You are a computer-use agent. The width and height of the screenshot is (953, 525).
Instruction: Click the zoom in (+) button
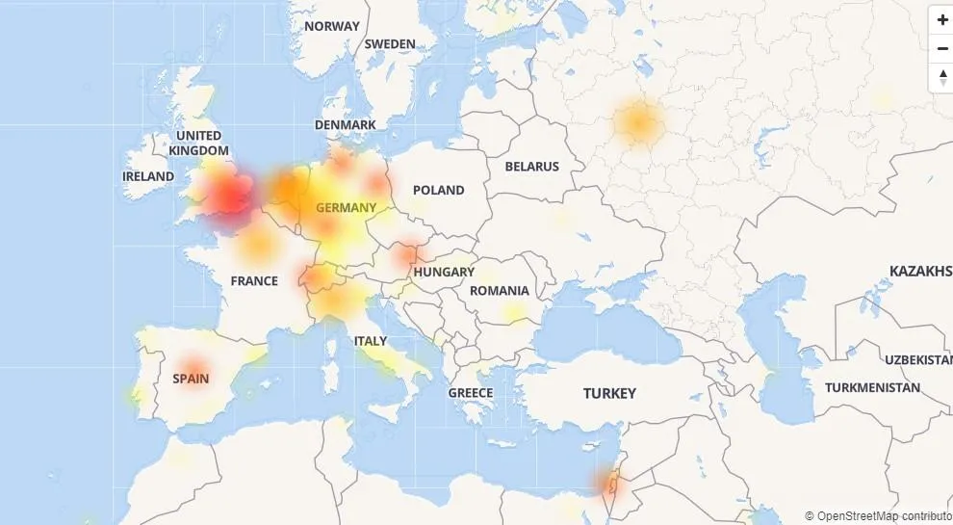[x=941, y=20]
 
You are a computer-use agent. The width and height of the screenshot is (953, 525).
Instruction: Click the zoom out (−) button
[x=941, y=48]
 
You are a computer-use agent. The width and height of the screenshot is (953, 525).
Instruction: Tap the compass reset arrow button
[x=941, y=77]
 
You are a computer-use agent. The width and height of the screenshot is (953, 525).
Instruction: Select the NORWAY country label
[x=332, y=26]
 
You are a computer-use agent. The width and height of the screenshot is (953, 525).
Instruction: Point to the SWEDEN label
[x=390, y=43]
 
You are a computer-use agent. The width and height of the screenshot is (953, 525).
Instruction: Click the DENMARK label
[x=346, y=125]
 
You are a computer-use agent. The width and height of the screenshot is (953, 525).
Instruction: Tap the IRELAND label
[x=148, y=176]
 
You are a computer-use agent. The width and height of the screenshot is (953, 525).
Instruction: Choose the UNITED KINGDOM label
[x=199, y=143]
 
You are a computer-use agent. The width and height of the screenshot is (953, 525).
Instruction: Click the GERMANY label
[x=346, y=207]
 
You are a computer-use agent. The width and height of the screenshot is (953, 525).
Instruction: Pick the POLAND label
[x=438, y=190]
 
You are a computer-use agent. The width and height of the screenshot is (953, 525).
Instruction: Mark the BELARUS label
[x=532, y=166]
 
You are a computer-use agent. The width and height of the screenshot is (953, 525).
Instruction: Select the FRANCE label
[x=254, y=281]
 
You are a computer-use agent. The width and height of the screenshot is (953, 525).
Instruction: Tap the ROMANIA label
[x=500, y=290]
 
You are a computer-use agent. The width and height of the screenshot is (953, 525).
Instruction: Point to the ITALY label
[x=371, y=341]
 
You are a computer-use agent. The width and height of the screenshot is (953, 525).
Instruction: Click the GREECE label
[x=471, y=392]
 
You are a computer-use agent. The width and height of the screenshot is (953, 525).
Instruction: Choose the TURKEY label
[x=609, y=393]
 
